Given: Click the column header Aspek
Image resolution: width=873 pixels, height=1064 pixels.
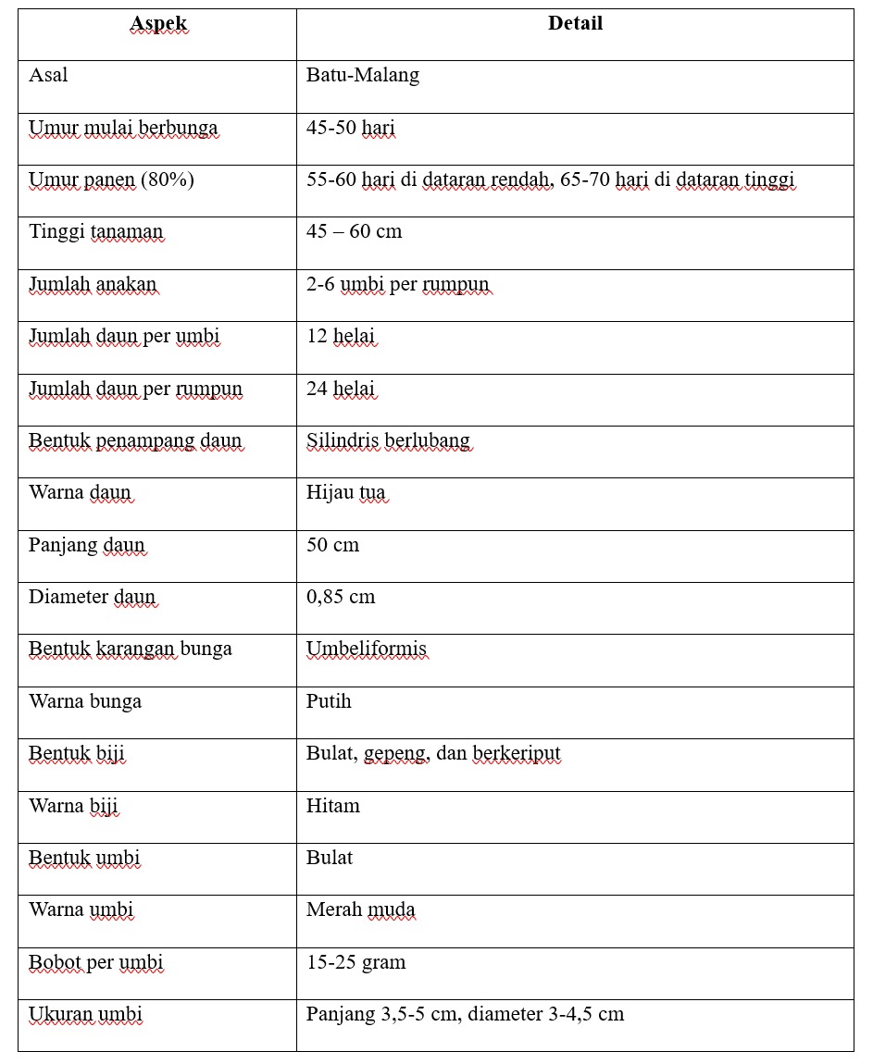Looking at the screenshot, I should pyautogui.click(x=158, y=24).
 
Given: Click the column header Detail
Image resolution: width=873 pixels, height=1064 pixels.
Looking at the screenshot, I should pyautogui.click(x=575, y=24).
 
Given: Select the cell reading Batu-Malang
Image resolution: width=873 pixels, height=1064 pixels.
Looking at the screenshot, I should pyautogui.click(x=363, y=76).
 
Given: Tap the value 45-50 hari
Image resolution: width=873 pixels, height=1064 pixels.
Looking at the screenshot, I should pyautogui.click(x=350, y=128).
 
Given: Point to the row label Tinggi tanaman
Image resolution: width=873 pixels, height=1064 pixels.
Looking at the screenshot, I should pyautogui.click(x=95, y=231).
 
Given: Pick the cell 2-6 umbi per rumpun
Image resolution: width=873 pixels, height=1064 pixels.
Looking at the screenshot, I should pyautogui.click(x=397, y=284).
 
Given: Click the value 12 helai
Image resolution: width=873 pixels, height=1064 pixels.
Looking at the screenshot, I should pyautogui.click(x=340, y=336).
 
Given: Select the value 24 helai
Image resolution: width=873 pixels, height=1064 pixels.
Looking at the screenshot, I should pyautogui.click(x=340, y=389).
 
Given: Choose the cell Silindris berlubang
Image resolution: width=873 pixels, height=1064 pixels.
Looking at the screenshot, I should pyautogui.click(x=388, y=440).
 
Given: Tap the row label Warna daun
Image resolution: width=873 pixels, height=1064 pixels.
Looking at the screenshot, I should pyautogui.click(x=80, y=492).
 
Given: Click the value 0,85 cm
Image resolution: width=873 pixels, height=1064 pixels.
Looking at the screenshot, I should pyautogui.click(x=341, y=597).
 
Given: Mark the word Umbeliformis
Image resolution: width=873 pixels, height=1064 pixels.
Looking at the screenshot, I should pyautogui.click(x=367, y=649).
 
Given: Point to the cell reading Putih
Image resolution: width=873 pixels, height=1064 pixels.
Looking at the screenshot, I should pyautogui.click(x=329, y=701).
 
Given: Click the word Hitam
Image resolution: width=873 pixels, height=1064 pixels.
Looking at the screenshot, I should pyautogui.click(x=332, y=806).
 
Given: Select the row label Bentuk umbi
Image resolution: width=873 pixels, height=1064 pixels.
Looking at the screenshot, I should pyautogui.click(x=84, y=858).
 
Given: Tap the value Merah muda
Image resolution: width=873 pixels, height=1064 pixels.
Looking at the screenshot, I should pyautogui.click(x=360, y=909).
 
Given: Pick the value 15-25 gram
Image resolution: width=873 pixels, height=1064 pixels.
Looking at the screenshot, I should pyautogui.click(x=355, y=962).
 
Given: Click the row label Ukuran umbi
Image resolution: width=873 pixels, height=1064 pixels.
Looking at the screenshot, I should pyautogui.click(x=85, y=1014).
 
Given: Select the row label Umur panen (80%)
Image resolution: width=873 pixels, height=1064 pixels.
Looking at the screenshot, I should pyautogui.click(x=111, y=179).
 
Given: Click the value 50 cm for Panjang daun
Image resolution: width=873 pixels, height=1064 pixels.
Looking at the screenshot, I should pyautogui.click(x=332, y=545).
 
